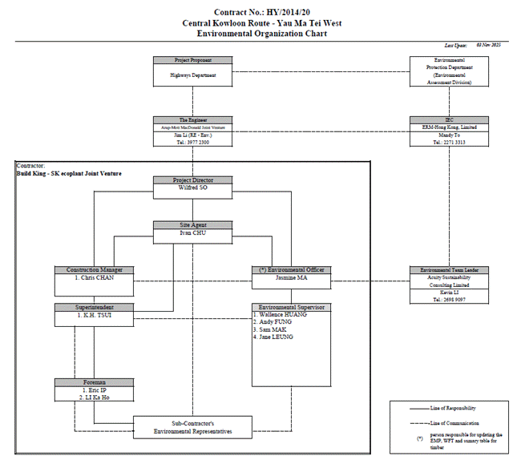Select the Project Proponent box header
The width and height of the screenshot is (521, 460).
[193, 60]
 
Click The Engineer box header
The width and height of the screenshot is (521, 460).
[193, 119]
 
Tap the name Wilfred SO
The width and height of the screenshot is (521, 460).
[193, 188]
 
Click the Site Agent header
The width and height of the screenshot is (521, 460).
[193, 225]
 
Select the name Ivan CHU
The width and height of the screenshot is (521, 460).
[193, 232]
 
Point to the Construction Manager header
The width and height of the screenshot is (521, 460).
[94, 269]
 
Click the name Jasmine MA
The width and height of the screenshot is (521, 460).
[291, 277]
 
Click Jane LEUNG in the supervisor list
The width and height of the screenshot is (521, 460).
[273, 337]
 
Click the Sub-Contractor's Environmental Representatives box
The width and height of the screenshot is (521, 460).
[193, 426]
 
